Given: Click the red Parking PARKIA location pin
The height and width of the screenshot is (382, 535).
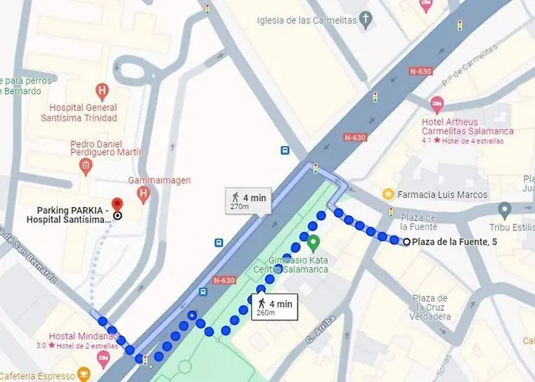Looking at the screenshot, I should tap(117, 205).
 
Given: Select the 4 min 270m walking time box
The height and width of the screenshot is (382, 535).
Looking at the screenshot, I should tap(248, 201).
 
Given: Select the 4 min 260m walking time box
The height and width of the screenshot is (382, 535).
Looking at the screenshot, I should tap(275, 307).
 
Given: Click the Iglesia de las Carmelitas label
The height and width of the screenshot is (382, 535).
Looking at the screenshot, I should tap(307, 20).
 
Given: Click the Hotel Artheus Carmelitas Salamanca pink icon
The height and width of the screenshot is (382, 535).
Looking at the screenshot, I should tap(437, 104).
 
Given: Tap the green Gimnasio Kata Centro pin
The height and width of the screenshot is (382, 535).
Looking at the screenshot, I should tap(313, 244).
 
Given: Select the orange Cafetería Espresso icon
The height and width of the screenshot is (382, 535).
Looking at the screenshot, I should tap(83, 374).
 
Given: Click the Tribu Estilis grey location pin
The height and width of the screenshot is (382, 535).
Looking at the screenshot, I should tap(504, 209).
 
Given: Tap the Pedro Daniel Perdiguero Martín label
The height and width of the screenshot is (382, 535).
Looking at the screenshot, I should tap(107, 147).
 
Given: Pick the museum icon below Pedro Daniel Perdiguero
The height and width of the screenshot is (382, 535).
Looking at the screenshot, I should tap(86, 166).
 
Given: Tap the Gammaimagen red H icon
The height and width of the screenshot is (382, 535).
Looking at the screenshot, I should tap(144, 196).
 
